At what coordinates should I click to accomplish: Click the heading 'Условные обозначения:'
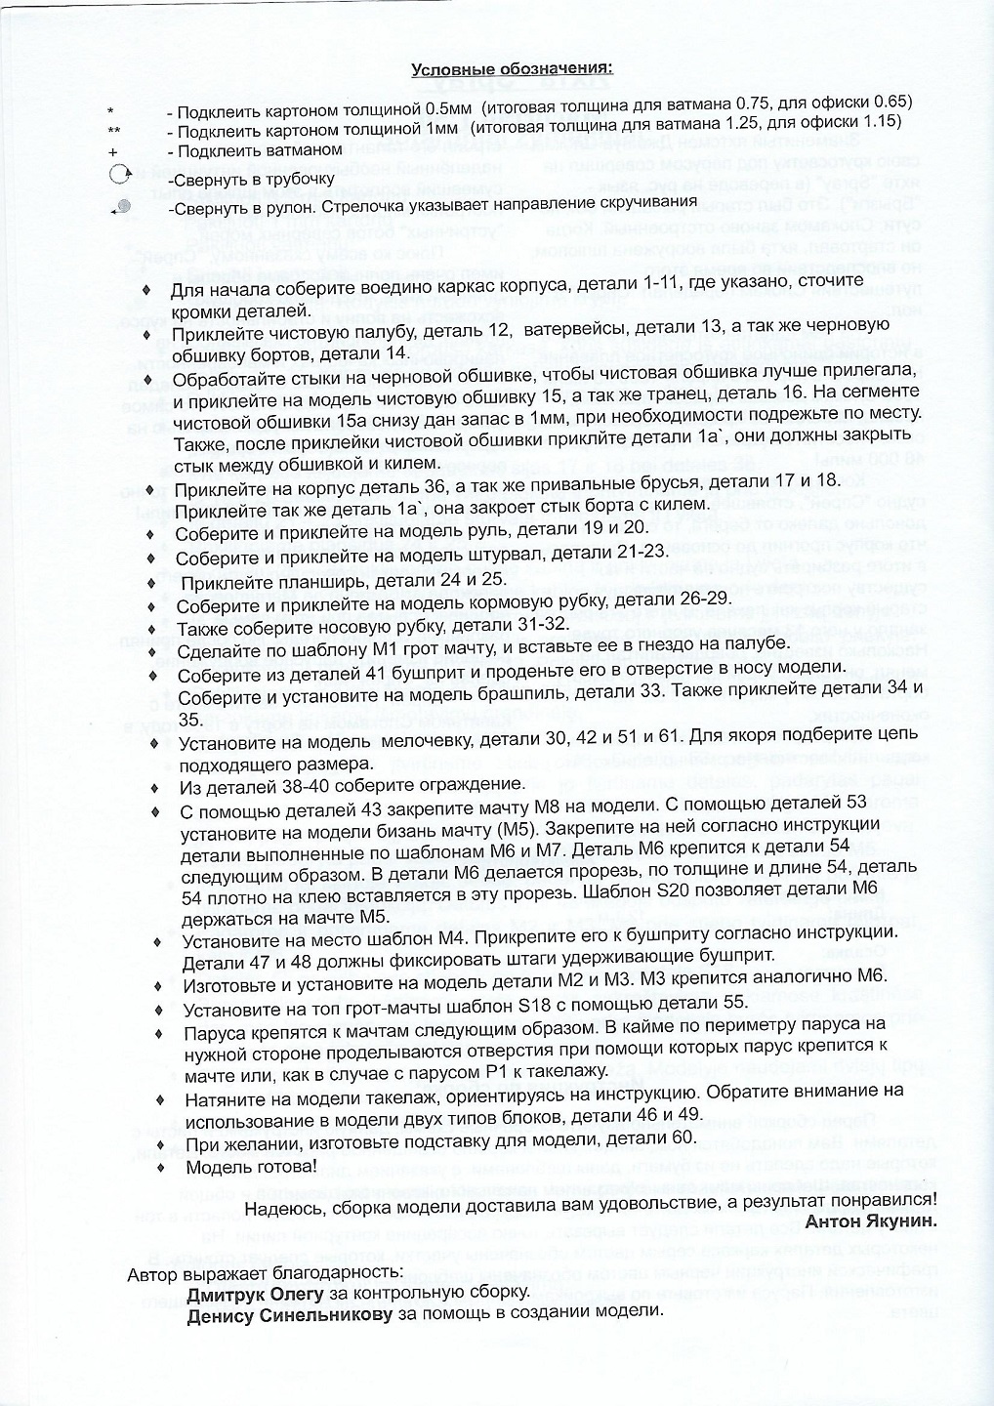[x=512, y=68]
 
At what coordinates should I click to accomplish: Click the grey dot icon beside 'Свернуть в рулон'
[x=122, y=205]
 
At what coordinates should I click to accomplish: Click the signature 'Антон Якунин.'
[x=871, y=1220]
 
